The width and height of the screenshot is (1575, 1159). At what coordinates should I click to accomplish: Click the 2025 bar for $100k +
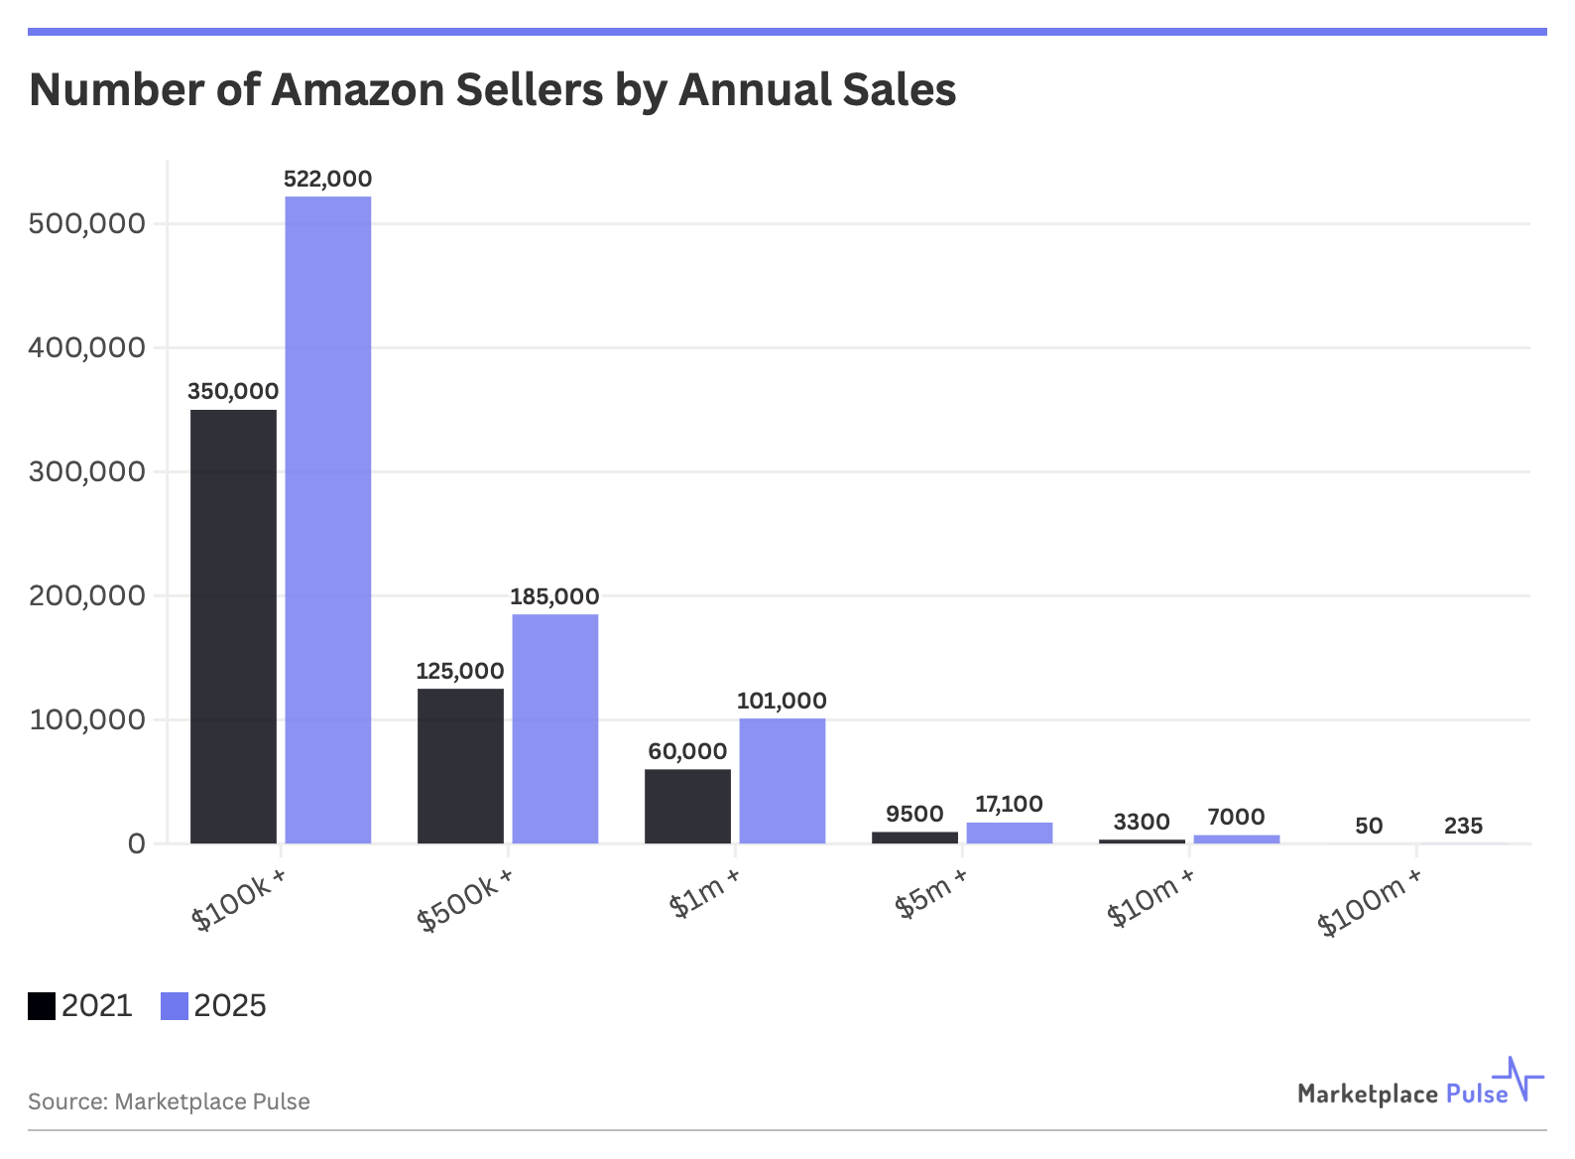point(328,520)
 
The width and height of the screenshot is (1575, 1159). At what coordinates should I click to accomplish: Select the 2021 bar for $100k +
point(233,626)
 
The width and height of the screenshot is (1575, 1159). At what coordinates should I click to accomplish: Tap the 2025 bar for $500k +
point(555,728)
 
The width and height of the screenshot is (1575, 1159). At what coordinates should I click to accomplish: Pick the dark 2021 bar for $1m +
point(687,806)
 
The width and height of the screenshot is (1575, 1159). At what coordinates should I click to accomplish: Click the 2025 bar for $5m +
point(1009,833)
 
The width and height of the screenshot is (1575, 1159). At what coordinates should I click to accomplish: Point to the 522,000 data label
point(328,179)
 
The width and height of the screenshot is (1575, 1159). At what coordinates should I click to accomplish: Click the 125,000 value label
point(460,671)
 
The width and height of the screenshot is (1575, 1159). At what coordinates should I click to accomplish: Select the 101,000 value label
point(782,701)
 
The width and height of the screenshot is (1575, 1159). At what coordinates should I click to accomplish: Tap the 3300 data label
point(1142,822)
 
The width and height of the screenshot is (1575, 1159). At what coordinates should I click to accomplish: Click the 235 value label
point(1463,826)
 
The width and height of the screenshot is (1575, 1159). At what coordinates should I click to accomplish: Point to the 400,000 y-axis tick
point(87,347)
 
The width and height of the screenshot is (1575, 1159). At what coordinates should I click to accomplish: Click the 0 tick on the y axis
point(136,843)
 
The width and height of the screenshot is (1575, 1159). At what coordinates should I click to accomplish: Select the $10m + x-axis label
point(1151,897)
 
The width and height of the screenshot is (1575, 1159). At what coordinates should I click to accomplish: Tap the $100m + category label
point(1370,902)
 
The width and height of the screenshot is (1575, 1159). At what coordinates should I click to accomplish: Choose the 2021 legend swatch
point(42,1006)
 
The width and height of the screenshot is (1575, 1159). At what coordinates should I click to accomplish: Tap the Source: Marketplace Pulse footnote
point(169,1101)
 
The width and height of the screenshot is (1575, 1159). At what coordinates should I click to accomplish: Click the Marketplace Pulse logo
point(1418,1086)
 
